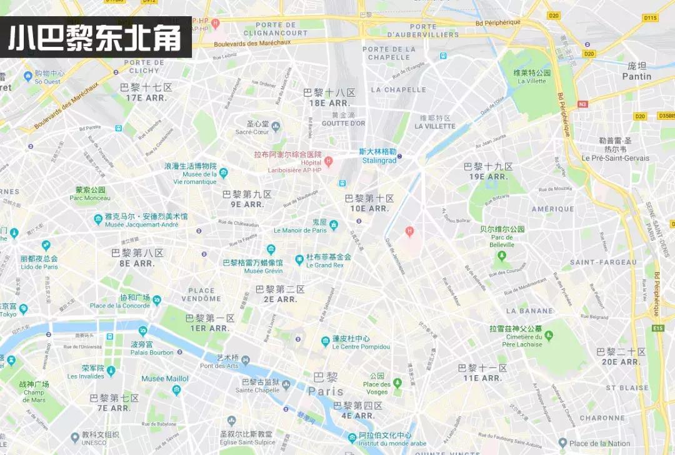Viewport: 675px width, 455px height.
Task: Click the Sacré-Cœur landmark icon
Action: pyautogui.click(x=276, y=127)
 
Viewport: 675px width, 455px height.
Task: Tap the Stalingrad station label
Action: pyautogui.click(x=379, y=160)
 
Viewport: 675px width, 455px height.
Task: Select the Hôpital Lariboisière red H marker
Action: pyautogui.click(x=328, y=161)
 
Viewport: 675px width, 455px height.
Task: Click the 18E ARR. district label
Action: pyautogui.click(x=329, y=103)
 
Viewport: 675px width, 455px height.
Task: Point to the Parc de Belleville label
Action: pyautogui.click(x=502, y=241)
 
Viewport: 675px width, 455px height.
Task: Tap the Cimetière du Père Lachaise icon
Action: pyautogui.click(x=549, y=336)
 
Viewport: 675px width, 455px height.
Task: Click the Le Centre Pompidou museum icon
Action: pyautogui.click(x=326, y=341)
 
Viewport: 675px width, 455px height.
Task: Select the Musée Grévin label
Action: pyautogui.click(x=263, y=271)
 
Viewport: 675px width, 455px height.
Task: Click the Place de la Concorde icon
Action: pyautogui.click(x=156, y=301)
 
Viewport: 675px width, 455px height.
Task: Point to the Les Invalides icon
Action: pyautogui.click(x=111, y=371)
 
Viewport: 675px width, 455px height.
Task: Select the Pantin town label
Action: pyautogui.click(x=636, y=76)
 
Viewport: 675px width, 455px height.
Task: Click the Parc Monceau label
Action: pyautogui.click(x=90, y=198)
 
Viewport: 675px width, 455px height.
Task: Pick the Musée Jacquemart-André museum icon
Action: pyautogui.click(x=98, y=219)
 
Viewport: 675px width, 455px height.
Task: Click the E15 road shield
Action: pyautogui.click(x=657, y=328)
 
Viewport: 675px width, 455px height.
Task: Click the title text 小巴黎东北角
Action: pyautogui.click(x=94, y=37)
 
